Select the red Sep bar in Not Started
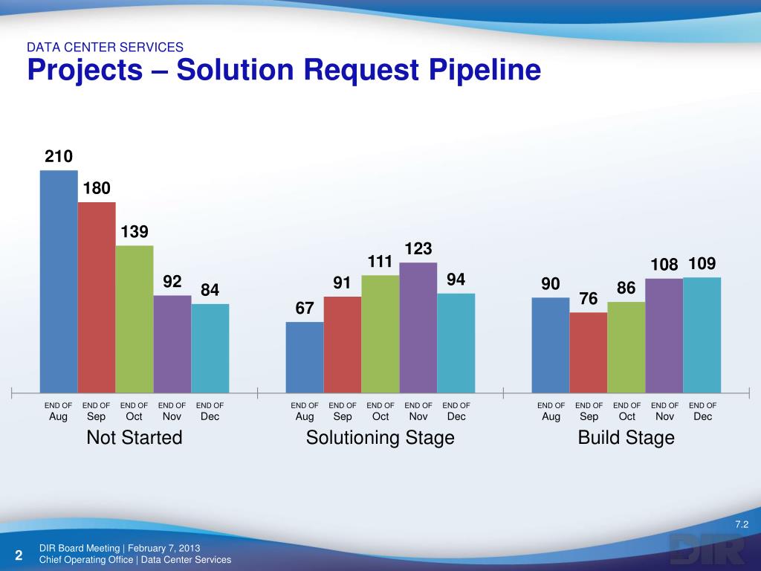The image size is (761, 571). (97, 297)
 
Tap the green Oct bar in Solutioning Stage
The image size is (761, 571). (380, 334)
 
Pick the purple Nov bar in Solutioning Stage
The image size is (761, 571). (418, 327)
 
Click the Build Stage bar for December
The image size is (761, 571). (702, 335)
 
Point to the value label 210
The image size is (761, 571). (59, 156)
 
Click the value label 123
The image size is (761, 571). (418, 248)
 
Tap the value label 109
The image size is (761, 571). (702, 264)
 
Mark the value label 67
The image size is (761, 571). (305, 307)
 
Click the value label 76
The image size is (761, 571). (589, 298)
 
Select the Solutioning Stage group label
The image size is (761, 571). (380, 438)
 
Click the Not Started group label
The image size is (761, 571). (135, 438)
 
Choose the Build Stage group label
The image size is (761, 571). (626, 438)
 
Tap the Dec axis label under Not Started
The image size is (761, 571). (210, 417)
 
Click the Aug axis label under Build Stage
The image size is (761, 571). (551, 417)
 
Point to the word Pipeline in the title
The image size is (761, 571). (476, 71)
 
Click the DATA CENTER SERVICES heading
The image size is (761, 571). (105, 47)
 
